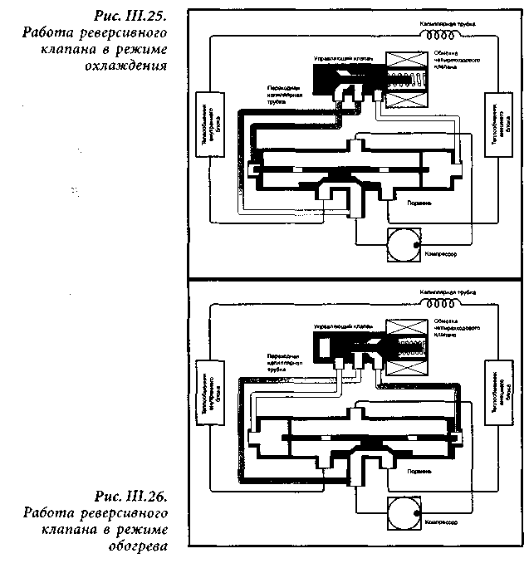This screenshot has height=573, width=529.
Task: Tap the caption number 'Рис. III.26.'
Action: click(x=132, y=497)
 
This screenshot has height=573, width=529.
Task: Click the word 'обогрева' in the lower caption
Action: click(x=140, y=546)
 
